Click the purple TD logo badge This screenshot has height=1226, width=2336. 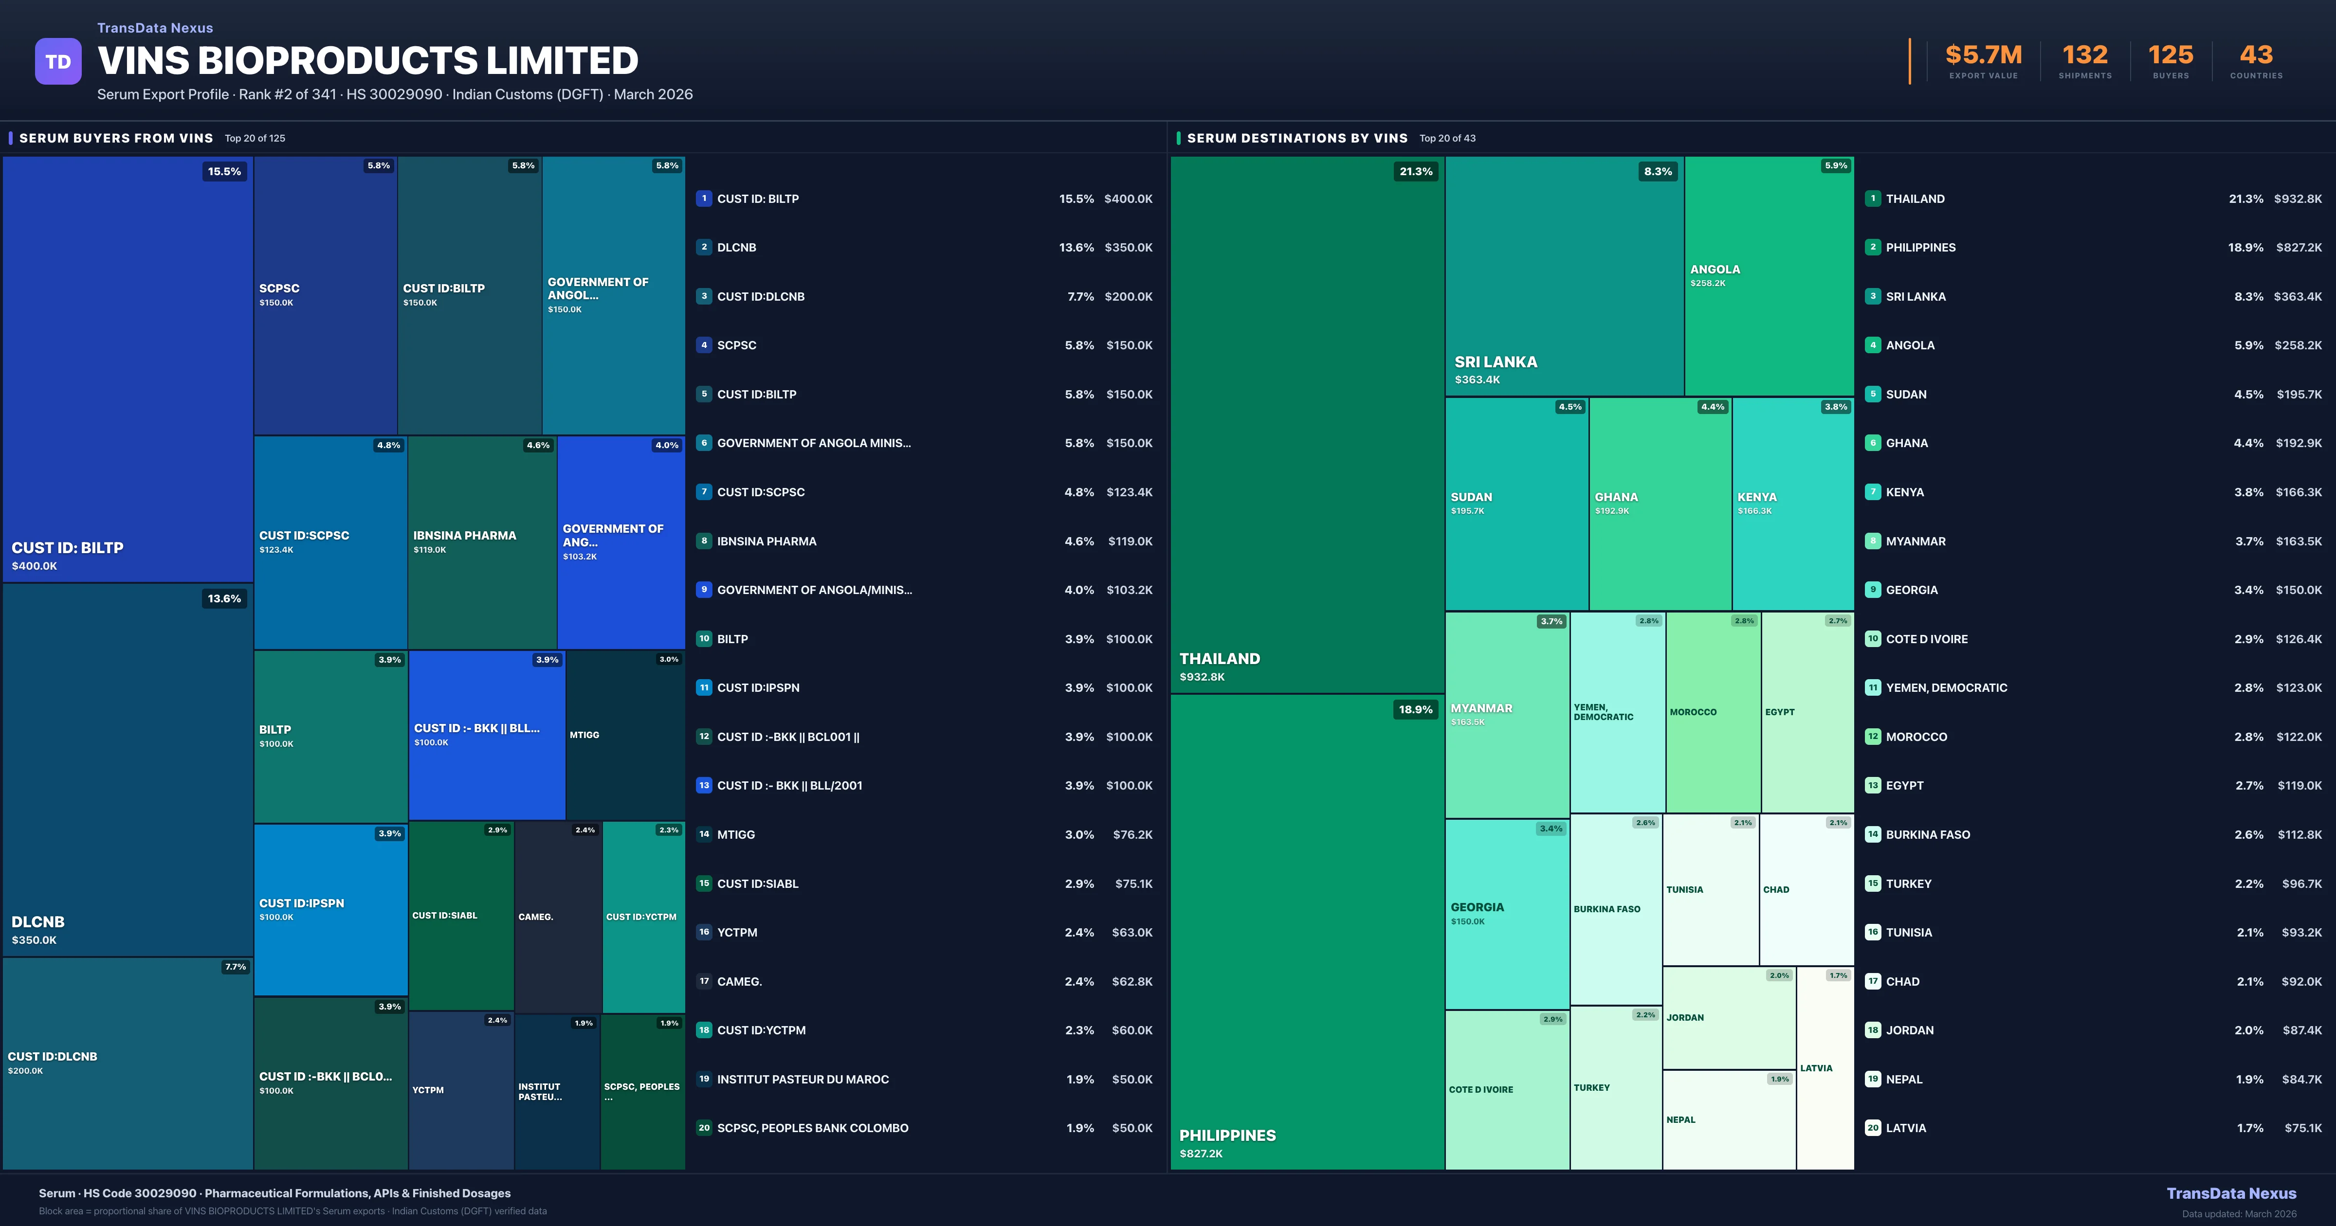(x=58, y=62)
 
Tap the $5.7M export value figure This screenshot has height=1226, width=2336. (x=1983, y=55)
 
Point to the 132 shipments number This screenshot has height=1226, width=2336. (x=2085, y=55)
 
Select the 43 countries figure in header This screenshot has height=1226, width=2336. (x=2256, y=55)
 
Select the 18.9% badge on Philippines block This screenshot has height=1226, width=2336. (x=1416, y=710)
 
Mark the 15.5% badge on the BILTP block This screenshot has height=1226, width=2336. (x=224, y=171)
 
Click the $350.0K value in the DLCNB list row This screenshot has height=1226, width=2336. (x=1128, y=248)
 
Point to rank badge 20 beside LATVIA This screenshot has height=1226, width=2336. (x=1873, y=1128)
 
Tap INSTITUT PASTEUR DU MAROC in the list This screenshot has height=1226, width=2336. (x=803, y=1079)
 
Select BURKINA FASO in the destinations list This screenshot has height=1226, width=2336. (x=1927, y=834)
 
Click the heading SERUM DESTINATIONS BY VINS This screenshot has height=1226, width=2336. (x=1297, y=138)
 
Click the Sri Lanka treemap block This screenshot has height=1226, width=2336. (x=1564, y=276)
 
